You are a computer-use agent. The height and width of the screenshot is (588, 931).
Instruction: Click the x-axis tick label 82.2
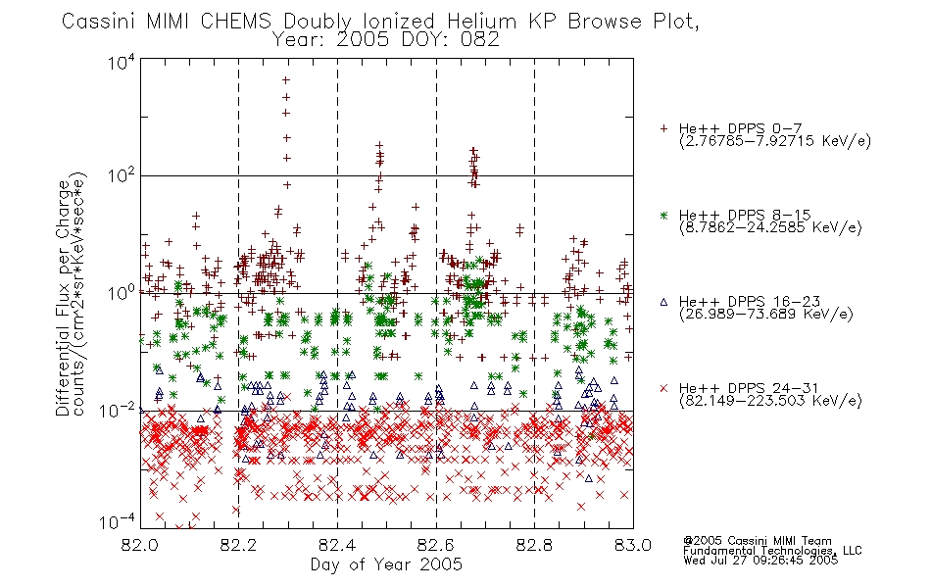tap(238, 545)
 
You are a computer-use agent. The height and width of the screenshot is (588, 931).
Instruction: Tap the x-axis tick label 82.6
tap(436, 545)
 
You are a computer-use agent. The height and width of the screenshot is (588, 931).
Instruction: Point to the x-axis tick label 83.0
tap(633, 545)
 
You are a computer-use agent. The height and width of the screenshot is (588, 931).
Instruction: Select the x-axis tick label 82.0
tap(139, 545)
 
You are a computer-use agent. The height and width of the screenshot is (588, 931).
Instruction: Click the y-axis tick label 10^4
tap(122, 62)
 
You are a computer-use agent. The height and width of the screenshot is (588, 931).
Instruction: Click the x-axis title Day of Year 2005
tap(386, 564)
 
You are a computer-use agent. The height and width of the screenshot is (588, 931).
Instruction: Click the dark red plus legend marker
tap(663, 128)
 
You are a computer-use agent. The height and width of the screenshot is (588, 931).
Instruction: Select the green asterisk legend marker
tap(663, 216)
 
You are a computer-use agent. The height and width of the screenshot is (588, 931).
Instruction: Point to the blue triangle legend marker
tap(663, 302)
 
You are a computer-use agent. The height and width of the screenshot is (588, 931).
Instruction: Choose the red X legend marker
tap(663, 388)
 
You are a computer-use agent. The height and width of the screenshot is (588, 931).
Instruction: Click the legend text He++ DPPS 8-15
tap(745, 215)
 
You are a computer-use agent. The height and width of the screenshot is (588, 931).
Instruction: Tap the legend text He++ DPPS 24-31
tap(749, 388)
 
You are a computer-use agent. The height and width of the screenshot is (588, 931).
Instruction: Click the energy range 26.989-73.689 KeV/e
tap(766, 314)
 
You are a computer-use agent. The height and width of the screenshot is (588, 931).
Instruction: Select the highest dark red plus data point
tap(285, 79)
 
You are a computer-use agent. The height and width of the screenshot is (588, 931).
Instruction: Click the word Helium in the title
tap(481, 22)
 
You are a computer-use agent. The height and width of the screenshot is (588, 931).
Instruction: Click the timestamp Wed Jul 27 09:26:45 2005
tap(760, 561)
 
